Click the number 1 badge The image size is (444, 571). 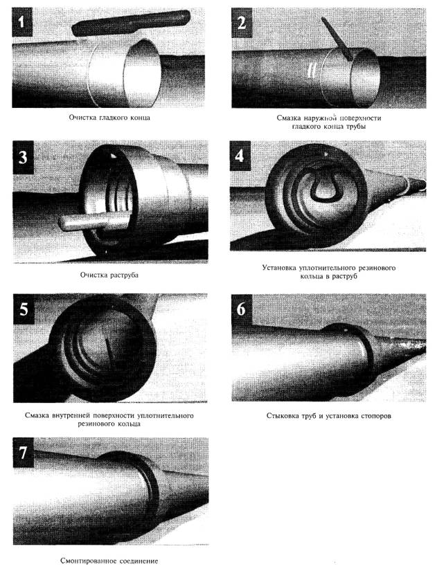click(22, 22)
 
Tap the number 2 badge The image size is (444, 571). click(241, 23)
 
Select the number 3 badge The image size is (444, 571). click(24, 157)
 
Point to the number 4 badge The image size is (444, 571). click(240, 156)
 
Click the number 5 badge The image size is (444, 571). click(24, 309)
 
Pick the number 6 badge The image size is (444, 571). click(241, 309)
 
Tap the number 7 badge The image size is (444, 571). click(24, 453)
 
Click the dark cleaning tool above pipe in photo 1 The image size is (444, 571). click(131, 23)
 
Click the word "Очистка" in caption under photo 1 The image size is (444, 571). click(82, 118)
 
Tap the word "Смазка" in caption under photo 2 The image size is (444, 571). click(288, 118)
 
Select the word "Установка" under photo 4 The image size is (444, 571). click(279, 268)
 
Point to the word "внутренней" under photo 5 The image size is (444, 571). click(71, 415)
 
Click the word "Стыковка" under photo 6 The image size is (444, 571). click(282, 416)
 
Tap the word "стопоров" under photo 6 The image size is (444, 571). click(376, 416)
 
